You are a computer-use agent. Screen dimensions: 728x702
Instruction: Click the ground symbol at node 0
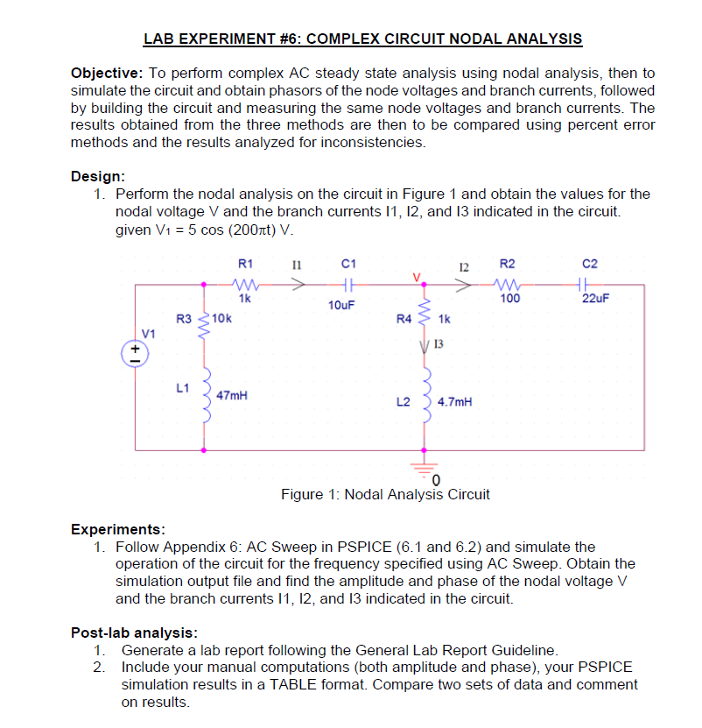pos(426,466)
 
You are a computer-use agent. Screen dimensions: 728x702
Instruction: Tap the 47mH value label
pos(232,395)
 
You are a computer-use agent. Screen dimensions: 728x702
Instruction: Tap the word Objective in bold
pos(104,73)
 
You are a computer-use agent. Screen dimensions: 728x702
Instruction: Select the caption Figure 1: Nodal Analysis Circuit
pos(385,494)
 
